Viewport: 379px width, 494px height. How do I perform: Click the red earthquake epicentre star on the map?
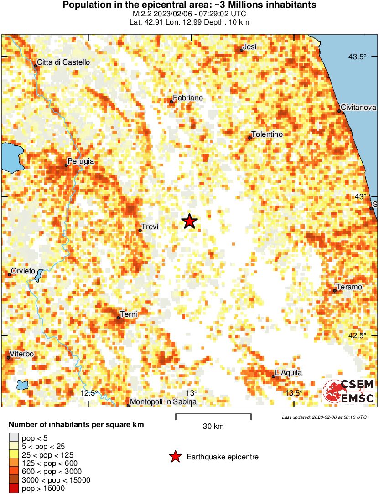(189, 221)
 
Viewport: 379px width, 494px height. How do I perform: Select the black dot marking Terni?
(118, 318)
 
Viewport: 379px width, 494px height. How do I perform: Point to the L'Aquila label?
(288, 373)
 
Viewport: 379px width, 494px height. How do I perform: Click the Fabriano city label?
(188, 98)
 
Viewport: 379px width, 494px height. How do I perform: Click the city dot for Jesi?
(241, 50)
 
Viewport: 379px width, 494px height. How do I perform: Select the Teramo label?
(349, 287)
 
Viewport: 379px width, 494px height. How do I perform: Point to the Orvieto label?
(23, 271)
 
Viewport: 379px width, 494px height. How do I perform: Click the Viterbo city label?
(22, 354)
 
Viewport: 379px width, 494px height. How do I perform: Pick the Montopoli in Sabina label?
(163, 402)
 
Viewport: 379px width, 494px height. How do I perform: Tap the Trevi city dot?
(140, 230)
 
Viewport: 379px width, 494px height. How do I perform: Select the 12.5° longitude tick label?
(89, 393)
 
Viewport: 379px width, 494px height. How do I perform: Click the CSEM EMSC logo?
(349, 391)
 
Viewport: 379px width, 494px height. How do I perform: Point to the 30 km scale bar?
(213, 415)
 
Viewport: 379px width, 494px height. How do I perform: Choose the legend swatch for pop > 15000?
(14, 489)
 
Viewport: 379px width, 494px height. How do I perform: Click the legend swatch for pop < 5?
(14, 438)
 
